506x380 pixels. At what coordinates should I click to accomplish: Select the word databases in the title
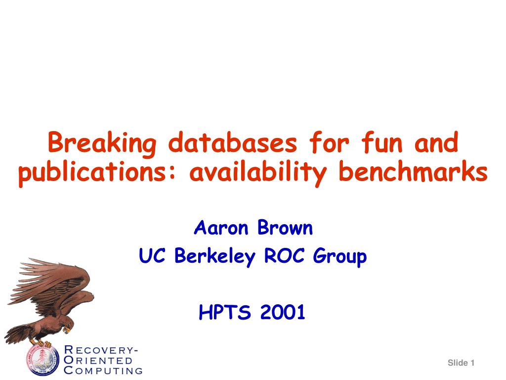point(232,142)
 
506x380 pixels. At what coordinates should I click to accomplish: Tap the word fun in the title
point(382,142)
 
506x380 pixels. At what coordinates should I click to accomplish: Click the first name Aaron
point(221,228)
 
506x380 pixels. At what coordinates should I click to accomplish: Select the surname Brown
point(285,228)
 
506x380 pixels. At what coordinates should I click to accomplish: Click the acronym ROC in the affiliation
point(284,255)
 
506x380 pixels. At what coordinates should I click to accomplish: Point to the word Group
point(340,257)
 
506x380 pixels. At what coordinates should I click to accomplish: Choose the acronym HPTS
point(225,312)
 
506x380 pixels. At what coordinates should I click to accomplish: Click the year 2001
point(283,312)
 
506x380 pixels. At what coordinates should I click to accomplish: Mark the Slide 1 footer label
point(461,363)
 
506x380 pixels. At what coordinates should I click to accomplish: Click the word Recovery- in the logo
point(101,350)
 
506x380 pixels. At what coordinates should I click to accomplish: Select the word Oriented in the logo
point(98,360)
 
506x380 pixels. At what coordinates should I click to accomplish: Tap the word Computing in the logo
point(103,370)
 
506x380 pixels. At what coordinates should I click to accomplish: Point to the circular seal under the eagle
point(42,359)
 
